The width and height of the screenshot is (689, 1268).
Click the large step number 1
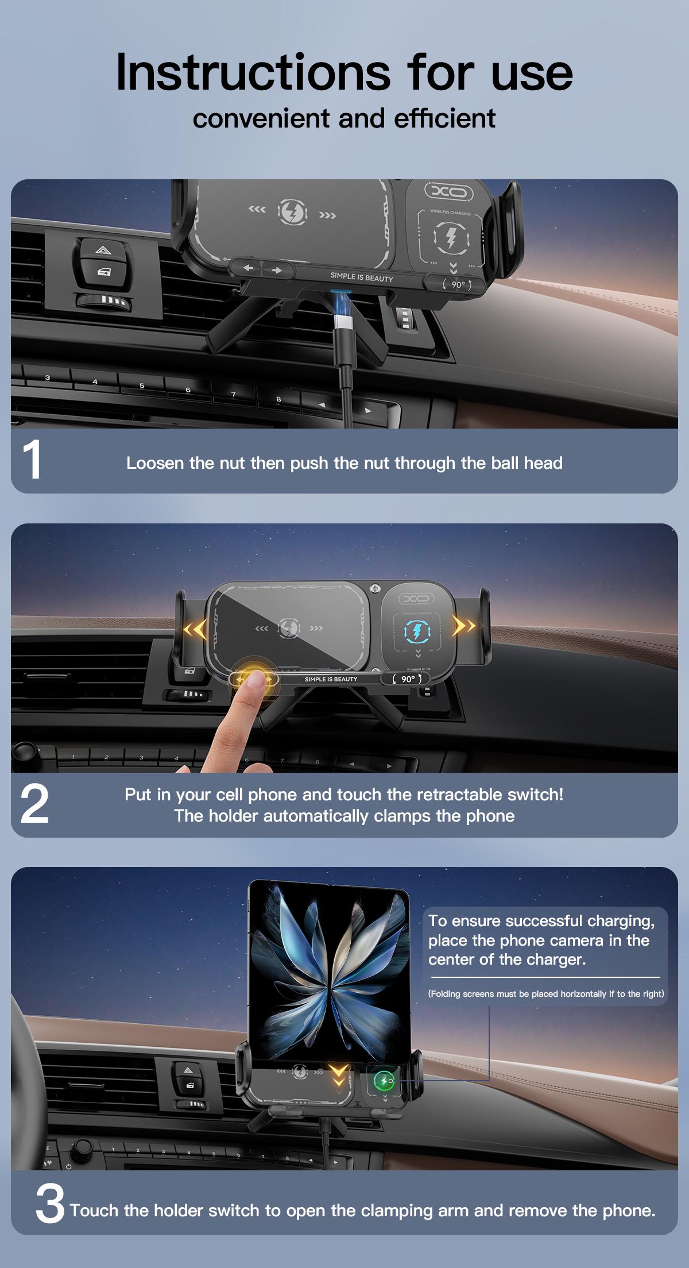pos(33,460)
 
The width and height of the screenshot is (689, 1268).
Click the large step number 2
pos(34,804)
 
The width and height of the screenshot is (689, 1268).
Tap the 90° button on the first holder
pos(458,284)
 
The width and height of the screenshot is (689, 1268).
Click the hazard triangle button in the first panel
pos(102,249)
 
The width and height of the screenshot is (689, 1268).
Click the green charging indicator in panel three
pos(382,1081)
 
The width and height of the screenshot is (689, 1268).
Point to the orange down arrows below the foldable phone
pos(339,1073)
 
